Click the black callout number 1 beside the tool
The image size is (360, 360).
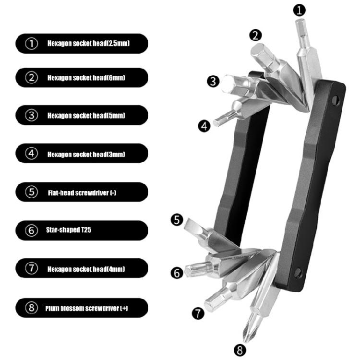(x=300, y=11)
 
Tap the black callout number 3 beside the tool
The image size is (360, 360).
(x=213, y=81)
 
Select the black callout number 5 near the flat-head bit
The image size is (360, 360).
(x=177, y=220)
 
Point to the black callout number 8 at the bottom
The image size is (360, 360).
(x=240, y=350)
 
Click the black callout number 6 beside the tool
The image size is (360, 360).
(x=177, y=273)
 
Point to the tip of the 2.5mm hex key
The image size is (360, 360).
(x=299, y=21)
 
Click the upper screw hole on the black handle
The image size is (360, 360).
(x=335, y=100)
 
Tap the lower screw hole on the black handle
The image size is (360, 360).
(x=298, y=273)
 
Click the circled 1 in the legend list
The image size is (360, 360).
(x=32, y=43)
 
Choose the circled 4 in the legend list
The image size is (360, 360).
(x=32, y=154)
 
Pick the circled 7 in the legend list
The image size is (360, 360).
(x=32, y=268)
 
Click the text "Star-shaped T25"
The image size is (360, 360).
(x=69, y=230)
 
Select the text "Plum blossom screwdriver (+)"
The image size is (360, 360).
(x=86, y=308)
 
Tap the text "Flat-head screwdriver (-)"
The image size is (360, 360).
(x=82, y=192)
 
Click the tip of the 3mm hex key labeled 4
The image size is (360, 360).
(x=215, y=123)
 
